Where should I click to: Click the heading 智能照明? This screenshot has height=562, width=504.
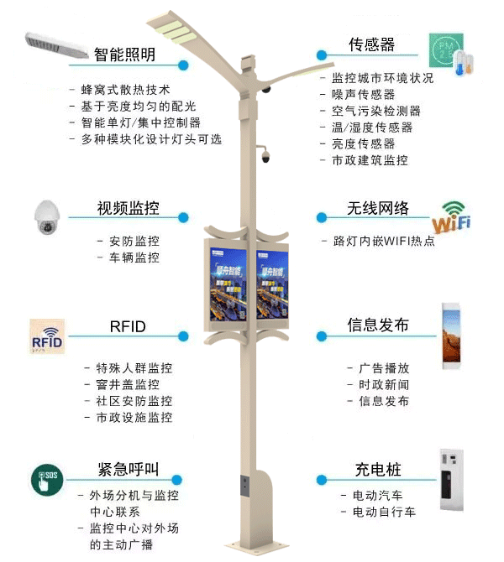point(125,55)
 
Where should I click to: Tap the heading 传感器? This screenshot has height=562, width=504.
point(372,44)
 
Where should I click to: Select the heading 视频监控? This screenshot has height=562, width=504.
point(129,208)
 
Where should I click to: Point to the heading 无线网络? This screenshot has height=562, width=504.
point(378,208)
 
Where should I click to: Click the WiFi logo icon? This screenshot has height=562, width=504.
point(451,218)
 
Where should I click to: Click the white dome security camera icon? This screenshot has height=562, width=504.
point(48,219)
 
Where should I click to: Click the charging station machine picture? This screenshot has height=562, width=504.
point(452,481)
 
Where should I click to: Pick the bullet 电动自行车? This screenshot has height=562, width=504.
point(383,511)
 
